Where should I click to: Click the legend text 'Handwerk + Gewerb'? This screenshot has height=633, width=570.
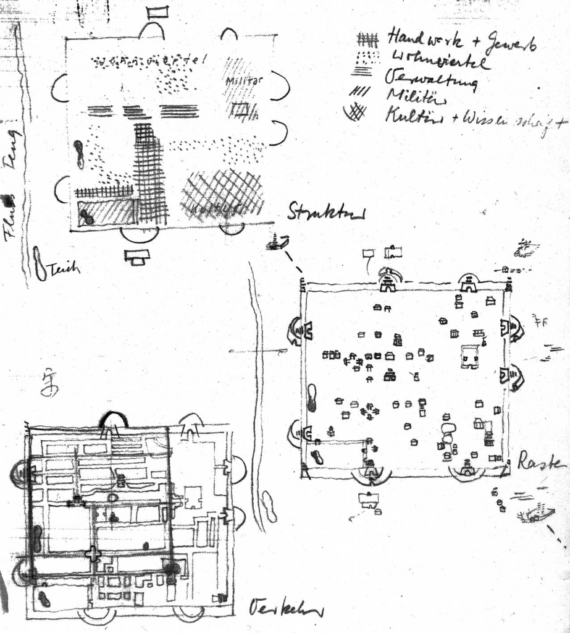[460, 40]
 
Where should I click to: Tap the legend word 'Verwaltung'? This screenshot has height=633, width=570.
[430, 80]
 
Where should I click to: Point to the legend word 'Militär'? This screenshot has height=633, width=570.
[409, 97]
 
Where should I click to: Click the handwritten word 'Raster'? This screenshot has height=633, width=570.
[542, 461]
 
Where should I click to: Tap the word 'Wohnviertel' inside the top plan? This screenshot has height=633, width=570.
[148, 61]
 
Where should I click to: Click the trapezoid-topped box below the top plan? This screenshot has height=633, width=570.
[137, 255]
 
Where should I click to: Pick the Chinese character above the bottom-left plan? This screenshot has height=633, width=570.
[49, 383]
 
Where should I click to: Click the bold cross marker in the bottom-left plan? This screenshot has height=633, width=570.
[93, 553]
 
